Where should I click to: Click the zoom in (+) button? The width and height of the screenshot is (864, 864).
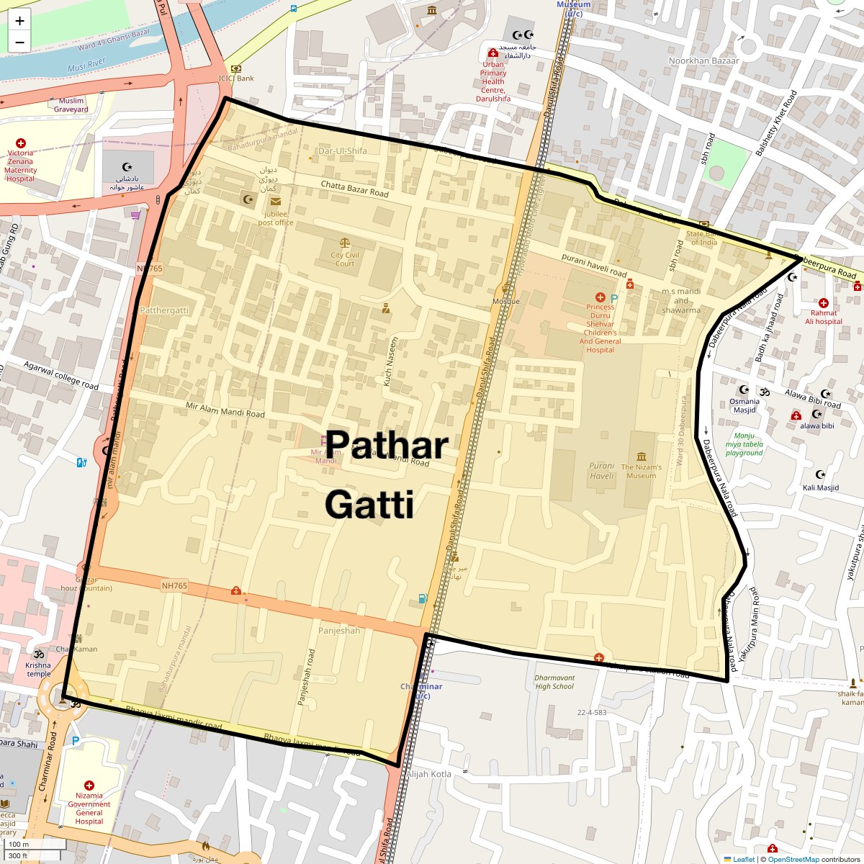[x=19, y=21]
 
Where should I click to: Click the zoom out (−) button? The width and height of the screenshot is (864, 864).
[x=19, y=42]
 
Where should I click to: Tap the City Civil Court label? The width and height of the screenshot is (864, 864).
[x=345, y=259]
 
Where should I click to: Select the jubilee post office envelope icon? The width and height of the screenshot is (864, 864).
[x=276, y=202]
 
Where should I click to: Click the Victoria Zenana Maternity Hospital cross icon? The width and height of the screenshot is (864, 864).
[x=21, y=143]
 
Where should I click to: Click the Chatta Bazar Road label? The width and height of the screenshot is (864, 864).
[x=354, y=189]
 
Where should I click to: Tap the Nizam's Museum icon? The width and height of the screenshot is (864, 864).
[x=642, y=456]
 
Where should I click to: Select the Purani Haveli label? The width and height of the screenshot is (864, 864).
[x=602, y=471]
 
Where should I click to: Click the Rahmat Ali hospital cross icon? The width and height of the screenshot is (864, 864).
[x=824, y=303]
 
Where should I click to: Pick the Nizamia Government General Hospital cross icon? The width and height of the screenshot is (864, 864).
[x=89, y=786]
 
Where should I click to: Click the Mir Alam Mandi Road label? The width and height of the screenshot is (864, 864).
[x=225, y=410]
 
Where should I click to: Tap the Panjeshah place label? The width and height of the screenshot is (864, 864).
[x=339, y=631]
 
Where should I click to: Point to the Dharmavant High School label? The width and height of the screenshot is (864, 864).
[x=554, y=682]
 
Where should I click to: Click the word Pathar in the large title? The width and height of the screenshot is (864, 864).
[x=387, y=445]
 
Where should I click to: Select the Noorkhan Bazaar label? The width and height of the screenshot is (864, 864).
[x=703, y=61]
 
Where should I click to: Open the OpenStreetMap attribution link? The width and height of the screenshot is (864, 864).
[x=793, y=859]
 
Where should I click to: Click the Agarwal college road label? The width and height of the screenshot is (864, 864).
[x=61, y=376]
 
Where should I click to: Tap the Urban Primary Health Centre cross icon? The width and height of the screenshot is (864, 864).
[x=493, y=53]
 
